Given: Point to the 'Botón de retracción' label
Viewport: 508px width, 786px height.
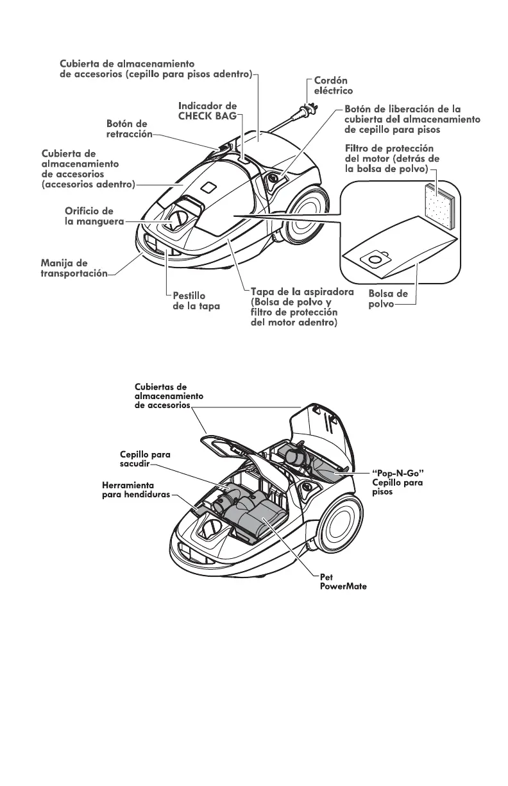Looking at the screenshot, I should [127, 128].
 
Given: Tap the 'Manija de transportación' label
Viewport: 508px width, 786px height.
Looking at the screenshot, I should [73, 269].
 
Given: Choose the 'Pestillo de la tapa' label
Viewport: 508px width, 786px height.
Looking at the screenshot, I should [196, 301].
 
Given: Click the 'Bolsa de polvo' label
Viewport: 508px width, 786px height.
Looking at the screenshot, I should [387, 298].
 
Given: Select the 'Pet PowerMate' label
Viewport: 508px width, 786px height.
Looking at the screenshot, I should [343, 582].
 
